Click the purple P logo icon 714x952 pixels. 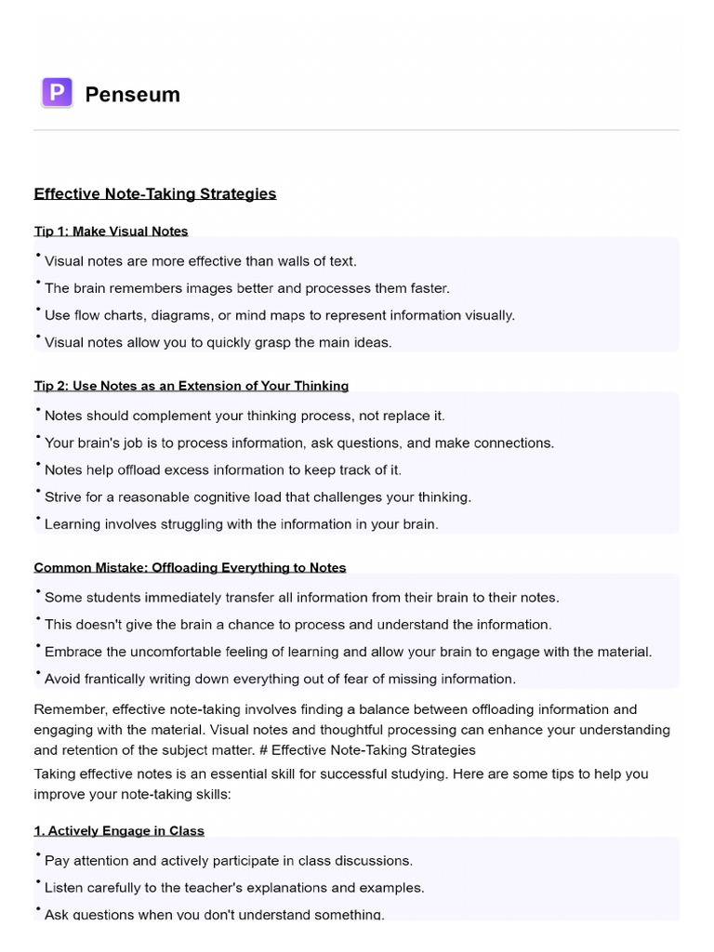58,93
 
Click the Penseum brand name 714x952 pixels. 132,94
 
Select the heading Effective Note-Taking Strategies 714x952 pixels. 155,193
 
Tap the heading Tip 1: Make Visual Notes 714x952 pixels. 111,231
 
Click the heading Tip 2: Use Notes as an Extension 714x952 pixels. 191,385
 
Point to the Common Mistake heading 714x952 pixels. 190,567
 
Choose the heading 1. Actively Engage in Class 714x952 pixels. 119,830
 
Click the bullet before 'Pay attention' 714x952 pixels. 38,854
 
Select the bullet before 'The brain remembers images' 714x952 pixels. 38,283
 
